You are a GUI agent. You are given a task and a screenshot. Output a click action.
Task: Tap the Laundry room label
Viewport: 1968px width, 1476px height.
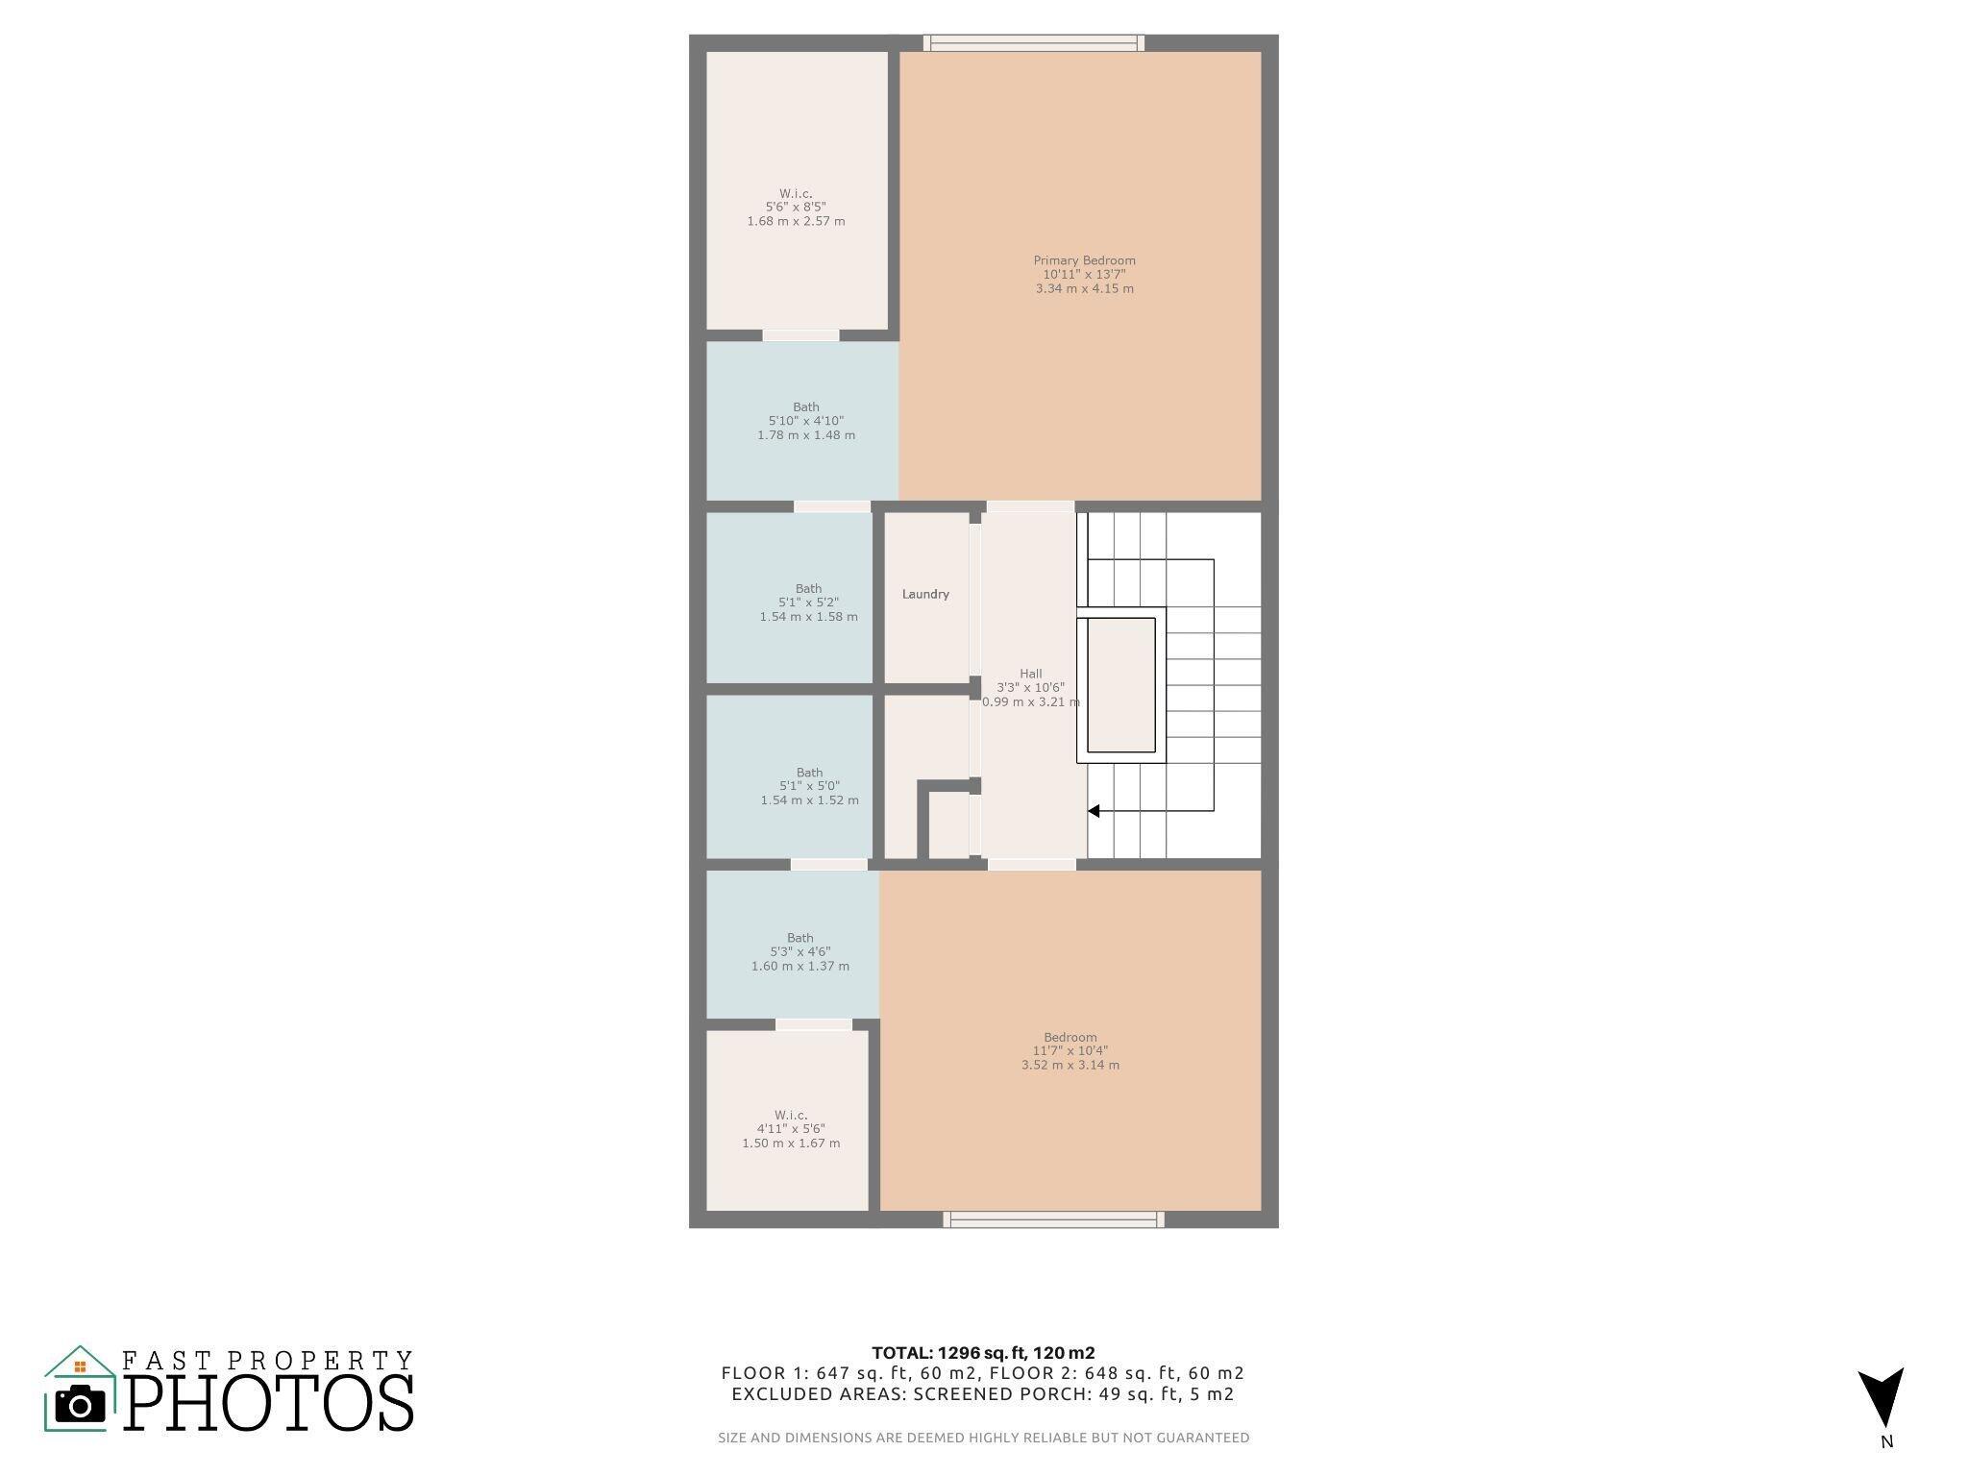pyautogui.click(x=925, y=594)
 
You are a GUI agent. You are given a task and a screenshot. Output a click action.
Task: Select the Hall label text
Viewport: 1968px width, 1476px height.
pyautogui.click(x=1030, y=674)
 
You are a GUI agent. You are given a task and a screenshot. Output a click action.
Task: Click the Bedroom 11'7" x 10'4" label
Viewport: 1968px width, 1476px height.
pyautogui.click(x=1070, y=1051)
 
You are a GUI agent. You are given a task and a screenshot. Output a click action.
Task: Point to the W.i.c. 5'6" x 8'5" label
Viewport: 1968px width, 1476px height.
pyautogui.click(x=796, y=207)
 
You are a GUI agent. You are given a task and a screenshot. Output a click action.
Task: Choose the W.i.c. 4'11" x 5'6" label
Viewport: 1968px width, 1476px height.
pyautogui.click(x=791, y=1129)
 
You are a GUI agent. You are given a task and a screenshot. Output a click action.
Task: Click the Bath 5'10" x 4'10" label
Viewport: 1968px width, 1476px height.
pyautogui.click(x=806, y=421)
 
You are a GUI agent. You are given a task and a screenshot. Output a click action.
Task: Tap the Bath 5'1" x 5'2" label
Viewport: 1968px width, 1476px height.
pyautogui.click(x=808, y=603)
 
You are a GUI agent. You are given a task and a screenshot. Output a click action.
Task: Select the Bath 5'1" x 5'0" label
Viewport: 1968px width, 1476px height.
pyautogui.click(x=809, y=786)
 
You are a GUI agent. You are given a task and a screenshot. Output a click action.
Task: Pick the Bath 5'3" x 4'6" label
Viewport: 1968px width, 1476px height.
pyautogui.click(x=800, y=952)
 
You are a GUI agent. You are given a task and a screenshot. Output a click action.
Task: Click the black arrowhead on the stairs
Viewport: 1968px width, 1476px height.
pyautogui.click(x=1094, y=811)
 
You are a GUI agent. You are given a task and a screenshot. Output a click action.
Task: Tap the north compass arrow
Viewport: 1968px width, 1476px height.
pyautogui.click(x=1881, y=1398)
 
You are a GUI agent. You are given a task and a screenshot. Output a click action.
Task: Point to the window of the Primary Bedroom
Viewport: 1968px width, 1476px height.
pyautogui.click(x=1034, y=43)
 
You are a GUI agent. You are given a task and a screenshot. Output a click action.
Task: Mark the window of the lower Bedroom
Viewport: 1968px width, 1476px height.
pyautogui.click(x=1053, y=1219)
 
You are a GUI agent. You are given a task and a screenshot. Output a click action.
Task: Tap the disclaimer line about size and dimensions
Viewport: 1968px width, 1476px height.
pyautogui.click(x=984, y=1438)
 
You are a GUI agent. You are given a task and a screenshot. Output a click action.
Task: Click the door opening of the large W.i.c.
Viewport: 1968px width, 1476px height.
pyautogui.click(x=800, y=335)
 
